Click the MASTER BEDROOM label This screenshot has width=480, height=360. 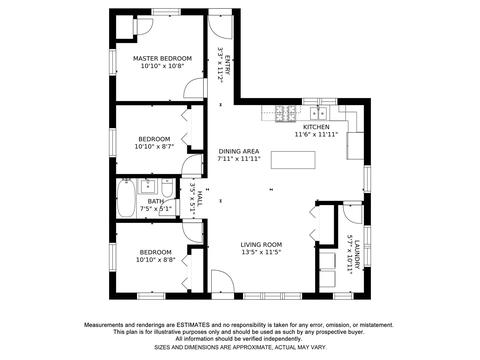click(x=162, y=58)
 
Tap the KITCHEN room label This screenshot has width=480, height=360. click(x=316, y=127)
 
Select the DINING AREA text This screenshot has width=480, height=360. click(x=239, y=151)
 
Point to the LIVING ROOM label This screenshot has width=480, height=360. click(x=261, y=245)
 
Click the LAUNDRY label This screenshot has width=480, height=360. click(x=357, y=255)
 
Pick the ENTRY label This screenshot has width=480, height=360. click(x=228, y=65)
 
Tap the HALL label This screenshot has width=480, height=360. click(x=200, y=198)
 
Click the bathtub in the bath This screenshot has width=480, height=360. click(x=126, y=199)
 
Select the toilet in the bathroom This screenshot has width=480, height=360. click(x=167, y=188)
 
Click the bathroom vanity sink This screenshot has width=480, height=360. click(x=148, y=186)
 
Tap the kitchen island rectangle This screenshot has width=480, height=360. click(x=293, y=160)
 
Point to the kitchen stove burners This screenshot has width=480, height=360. click(x=285, y=113)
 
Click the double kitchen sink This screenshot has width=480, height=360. click(x=318, y=113)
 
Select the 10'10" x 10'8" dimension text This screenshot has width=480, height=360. click(x=162, y=66)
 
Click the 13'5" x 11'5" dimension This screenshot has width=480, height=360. click(x=261, y=252)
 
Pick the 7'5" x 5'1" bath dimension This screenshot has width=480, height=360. click(x=156, y=209)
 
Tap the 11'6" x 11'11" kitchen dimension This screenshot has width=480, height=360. click(x=316, y=135)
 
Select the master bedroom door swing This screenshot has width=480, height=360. click(x=193, y=89)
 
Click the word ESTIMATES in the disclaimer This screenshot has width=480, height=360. click(x=193, y=325)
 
